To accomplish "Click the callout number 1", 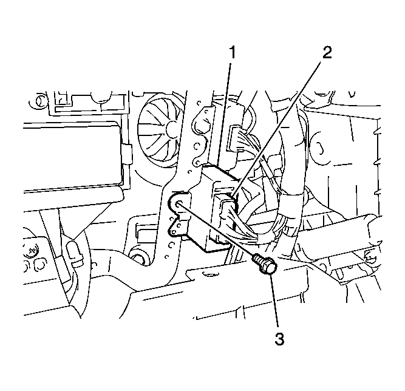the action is point(233,52).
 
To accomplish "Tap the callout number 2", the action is point(327,52).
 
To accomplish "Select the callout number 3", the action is point(279,339).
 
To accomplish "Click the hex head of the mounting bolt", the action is point(269,267).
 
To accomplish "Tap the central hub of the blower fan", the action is point(172,128).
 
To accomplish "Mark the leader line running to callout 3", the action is point(274,302).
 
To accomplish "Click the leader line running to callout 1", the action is point(224,114).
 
